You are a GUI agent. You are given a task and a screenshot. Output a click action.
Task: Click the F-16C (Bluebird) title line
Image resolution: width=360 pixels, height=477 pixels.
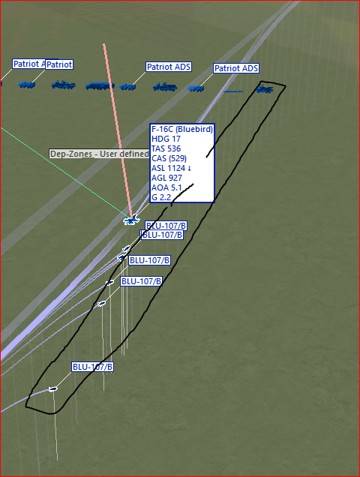(182, 129)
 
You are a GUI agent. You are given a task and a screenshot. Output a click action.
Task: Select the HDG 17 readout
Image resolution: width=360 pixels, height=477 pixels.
(166, 139)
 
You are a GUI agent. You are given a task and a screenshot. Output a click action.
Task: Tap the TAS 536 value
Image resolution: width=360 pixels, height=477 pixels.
(166, 148)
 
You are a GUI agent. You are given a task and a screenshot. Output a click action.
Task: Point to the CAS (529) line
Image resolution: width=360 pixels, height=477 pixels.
(169, 158)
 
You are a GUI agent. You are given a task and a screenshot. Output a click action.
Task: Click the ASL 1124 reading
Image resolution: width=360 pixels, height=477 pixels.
(168, 168)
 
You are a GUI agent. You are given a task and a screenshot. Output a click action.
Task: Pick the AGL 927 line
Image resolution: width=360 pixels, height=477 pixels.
(166, 178)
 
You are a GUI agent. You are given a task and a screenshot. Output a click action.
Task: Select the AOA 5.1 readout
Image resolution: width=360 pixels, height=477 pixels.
(166, 187)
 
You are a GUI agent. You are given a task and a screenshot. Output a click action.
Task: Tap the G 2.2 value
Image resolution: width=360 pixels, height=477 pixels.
(161, 197)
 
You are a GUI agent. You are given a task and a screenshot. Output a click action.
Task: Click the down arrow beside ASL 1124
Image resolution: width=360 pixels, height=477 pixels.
(189, 169)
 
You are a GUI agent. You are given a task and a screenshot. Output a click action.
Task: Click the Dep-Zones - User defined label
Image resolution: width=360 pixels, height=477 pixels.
(99, 154)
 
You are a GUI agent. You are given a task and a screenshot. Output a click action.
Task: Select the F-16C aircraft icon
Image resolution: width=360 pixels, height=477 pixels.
(131, 220)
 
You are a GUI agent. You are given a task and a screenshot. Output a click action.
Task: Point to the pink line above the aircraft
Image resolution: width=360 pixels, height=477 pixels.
(118, 130)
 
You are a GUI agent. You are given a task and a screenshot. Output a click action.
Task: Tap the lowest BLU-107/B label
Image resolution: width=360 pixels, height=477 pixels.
(93, 367)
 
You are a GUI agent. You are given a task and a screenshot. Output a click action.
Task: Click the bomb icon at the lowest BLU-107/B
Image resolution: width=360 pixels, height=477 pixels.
(53, 388)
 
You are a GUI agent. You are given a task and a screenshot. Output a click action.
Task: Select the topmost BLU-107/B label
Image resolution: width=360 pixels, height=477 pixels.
(166, 226)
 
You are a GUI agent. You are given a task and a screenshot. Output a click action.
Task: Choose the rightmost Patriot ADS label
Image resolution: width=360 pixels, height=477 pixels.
(236, 68)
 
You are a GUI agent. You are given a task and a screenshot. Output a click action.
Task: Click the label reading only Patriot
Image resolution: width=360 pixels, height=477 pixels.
(59, 64)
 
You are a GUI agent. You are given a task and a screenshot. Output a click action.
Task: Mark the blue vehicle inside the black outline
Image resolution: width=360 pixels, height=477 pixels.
(265, 89)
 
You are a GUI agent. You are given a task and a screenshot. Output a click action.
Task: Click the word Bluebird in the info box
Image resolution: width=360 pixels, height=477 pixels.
(194, 129)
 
